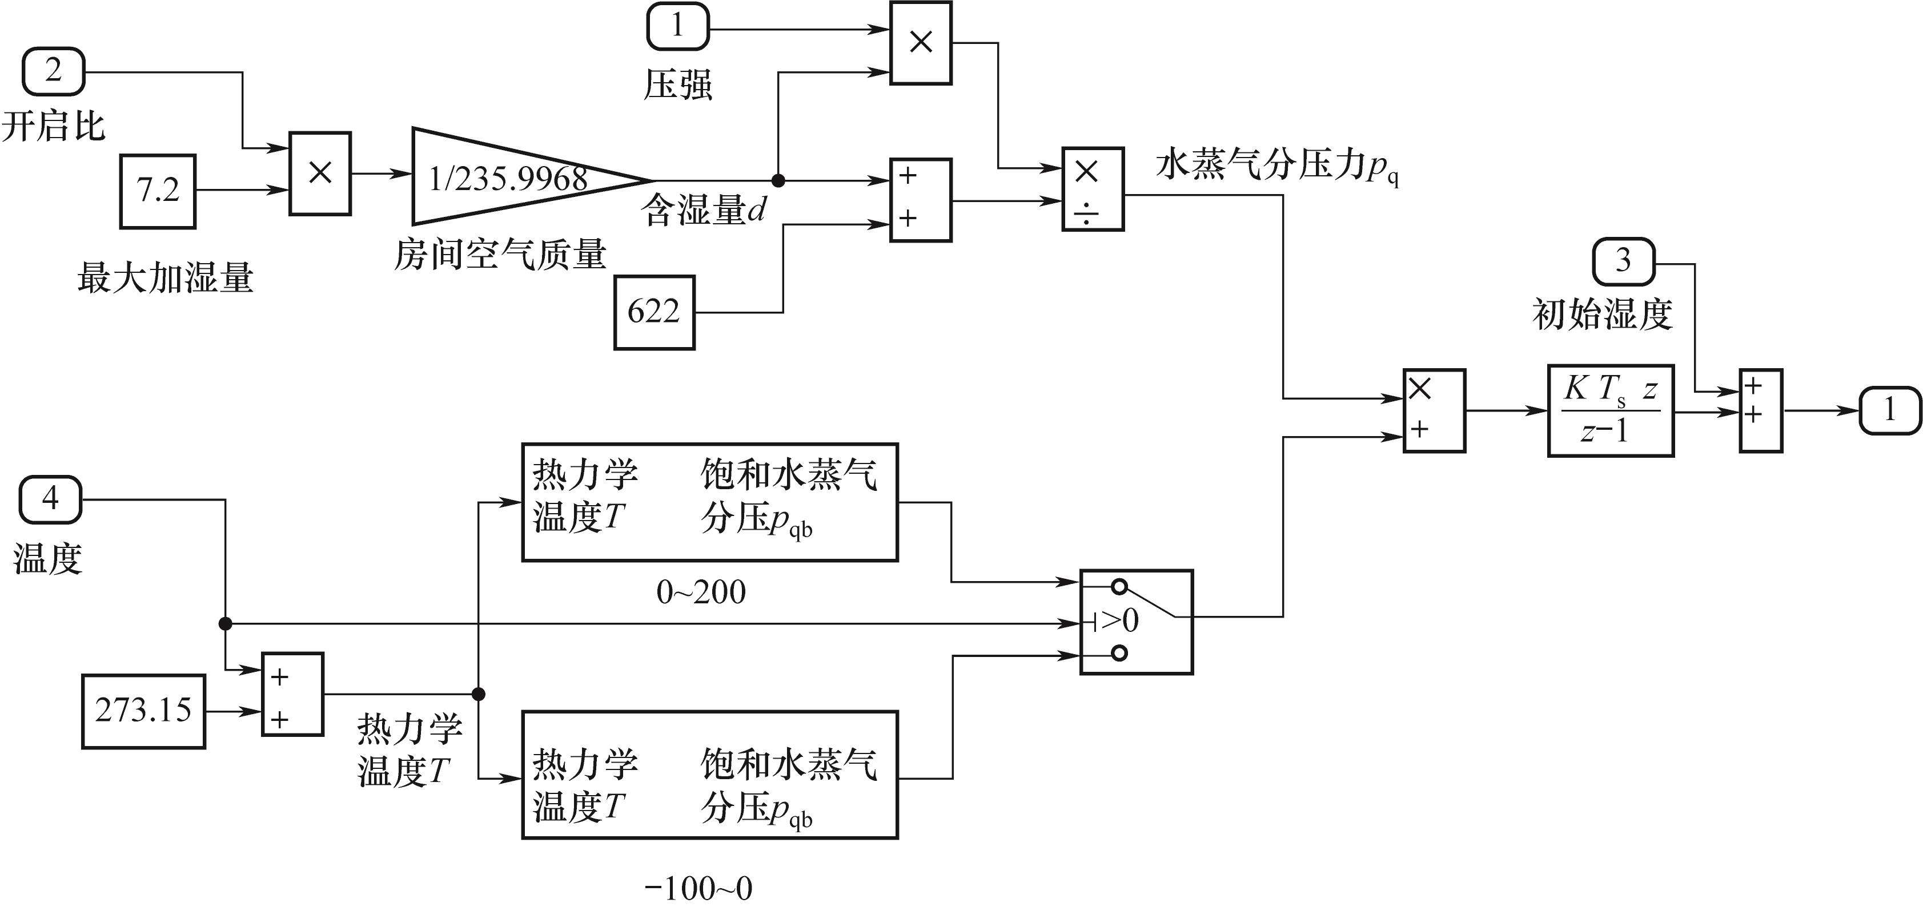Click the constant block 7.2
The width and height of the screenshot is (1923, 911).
(x=158, y=191)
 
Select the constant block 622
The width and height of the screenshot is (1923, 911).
(x=654, y=312)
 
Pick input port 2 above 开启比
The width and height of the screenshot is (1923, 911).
(x=53, y=71)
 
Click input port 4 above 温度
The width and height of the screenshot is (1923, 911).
(x=50, y=499)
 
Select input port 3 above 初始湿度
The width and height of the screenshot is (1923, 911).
(x=1624, y=261)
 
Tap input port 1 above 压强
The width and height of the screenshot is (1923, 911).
(x=677, y=27)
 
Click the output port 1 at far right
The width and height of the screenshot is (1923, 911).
(x=1889, y=410)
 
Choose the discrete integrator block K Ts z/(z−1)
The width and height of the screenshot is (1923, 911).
(x=1610, y=410)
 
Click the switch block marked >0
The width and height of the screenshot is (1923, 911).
(x=1136, y=622)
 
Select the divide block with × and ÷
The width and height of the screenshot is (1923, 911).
(x=1092, y=190)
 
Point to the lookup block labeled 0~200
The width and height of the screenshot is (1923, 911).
(x=709, y=502)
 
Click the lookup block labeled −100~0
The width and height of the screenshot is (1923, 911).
(x=709, y=775)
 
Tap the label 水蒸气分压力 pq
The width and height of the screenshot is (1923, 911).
(x=1276, y=165)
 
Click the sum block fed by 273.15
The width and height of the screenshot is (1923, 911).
(x=292, y=695)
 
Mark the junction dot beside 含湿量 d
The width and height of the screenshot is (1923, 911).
(x=778, y=180)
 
